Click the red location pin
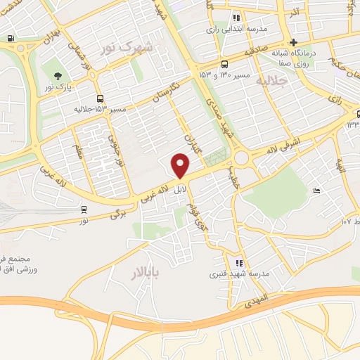coord(181,166)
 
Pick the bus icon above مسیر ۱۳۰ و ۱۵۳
coord(224,63)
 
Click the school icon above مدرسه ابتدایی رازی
coord(237,18)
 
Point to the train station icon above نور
coord(84,209)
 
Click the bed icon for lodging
coord(317,191)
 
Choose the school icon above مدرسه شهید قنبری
coord(239,263)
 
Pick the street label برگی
coord(117,213)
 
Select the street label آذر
coord(295,13)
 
